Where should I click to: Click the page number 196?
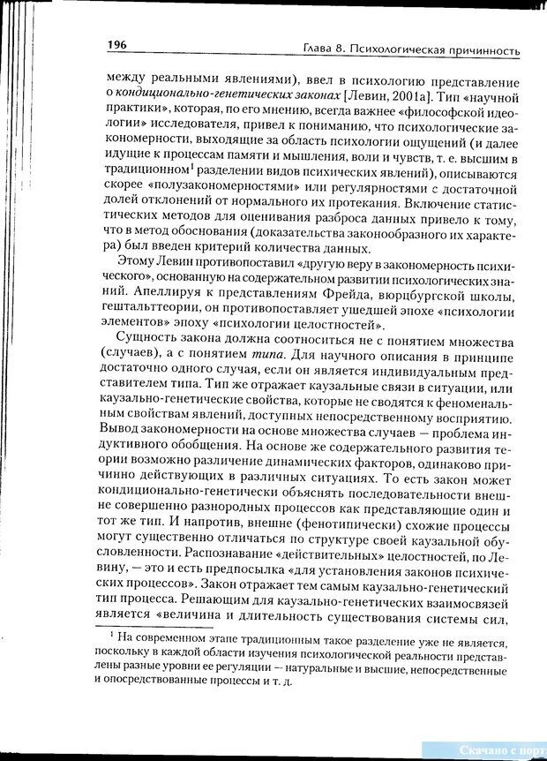118,44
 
